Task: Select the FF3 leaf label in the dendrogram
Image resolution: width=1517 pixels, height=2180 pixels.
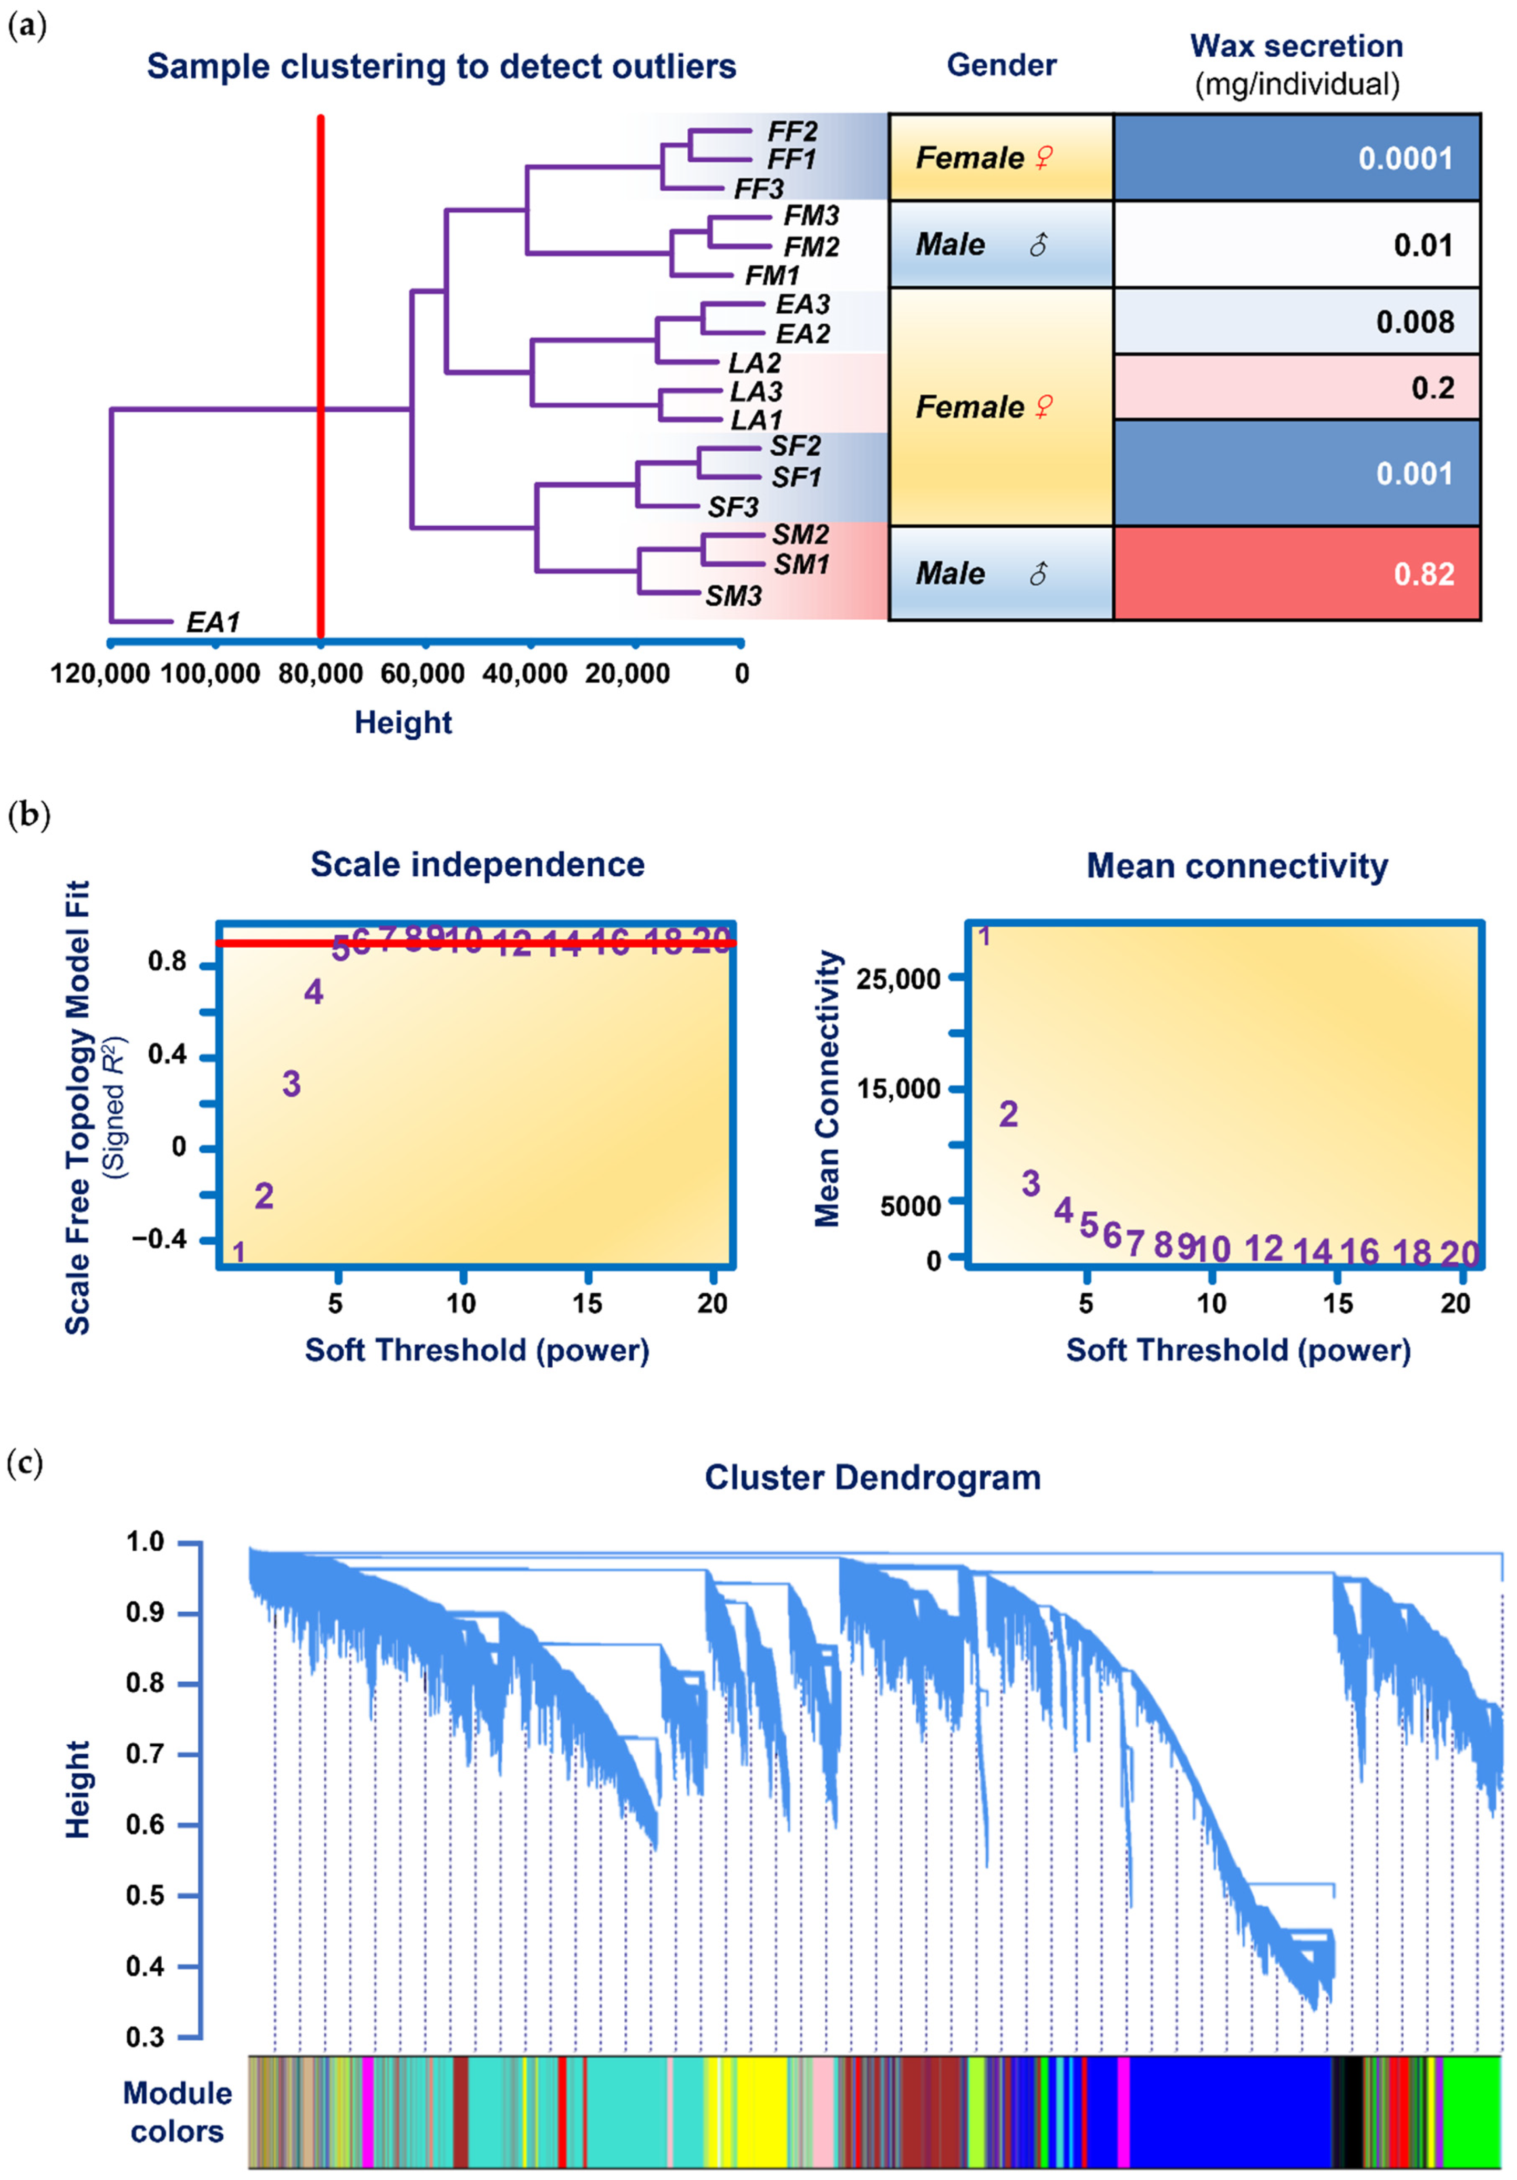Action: tap(759, 189)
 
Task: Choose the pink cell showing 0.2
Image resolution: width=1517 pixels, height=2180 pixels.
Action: tap(1432, 387)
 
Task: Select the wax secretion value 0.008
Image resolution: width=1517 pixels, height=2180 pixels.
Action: tap(1415, 322)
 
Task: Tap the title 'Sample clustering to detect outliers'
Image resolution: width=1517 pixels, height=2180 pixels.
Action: tap(441, 66)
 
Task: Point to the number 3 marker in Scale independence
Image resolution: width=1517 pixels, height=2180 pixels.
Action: tap(292, 1083)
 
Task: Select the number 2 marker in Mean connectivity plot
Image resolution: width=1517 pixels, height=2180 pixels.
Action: tap(1008, 1114)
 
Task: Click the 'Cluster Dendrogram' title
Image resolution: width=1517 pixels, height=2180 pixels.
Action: tap(872, 1477)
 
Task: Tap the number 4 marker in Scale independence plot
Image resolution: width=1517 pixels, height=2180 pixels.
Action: tap(313, 992)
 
